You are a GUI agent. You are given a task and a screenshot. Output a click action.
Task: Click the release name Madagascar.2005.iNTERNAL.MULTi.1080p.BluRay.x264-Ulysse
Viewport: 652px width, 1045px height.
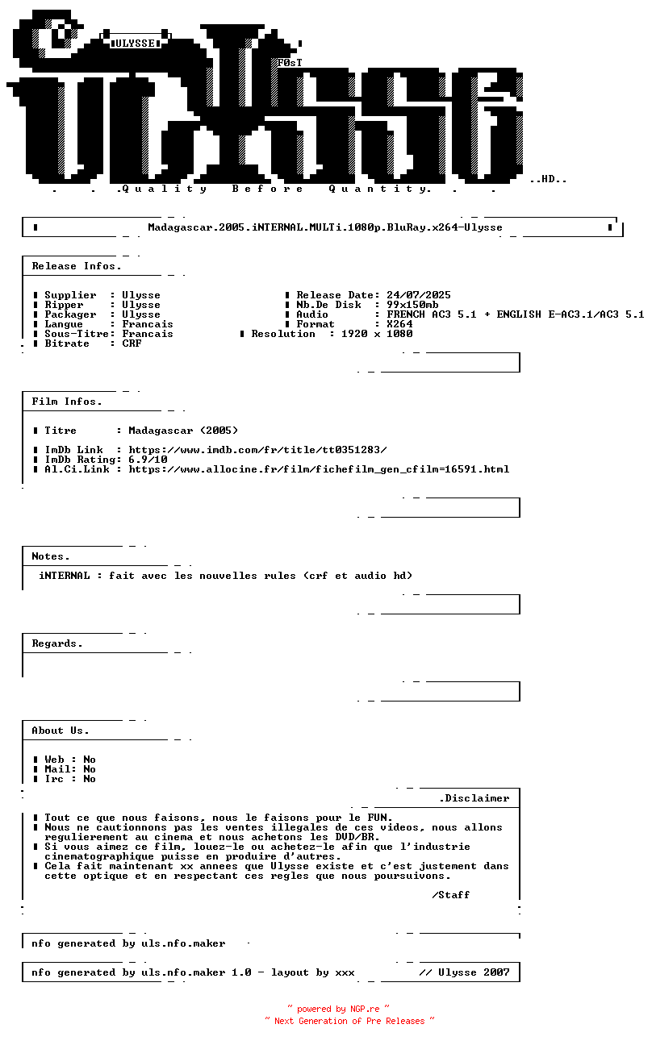pyautogui.click(x=325, y=227)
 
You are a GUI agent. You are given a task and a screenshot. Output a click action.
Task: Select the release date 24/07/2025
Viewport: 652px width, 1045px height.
pyautogui.click(x=419, y=295)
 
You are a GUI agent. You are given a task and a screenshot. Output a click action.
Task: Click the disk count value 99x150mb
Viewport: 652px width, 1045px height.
pyautogui.click(x=412, y=305)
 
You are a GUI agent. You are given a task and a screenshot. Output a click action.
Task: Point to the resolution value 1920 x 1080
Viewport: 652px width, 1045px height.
pyautogui.click(x=377, y=334)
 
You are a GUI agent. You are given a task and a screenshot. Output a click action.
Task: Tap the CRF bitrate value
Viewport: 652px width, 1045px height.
pyautogui.click(x=132, y=343)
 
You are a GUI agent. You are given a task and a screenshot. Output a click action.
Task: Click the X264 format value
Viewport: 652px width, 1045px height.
pyautogui.click(x=399, y=324)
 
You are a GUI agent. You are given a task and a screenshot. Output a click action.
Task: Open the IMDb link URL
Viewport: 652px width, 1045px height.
pyautogui.click(x=257, y=450)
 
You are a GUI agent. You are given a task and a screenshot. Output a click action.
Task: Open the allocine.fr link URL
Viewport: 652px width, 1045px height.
pyautogui.click(x=319, y=469)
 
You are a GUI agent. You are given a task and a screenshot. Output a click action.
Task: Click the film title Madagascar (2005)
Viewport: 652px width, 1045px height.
pyautogui.click(x=183, y=431)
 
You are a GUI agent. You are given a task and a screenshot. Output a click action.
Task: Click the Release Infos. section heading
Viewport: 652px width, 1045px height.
pyautogui.click(x=77, y=266)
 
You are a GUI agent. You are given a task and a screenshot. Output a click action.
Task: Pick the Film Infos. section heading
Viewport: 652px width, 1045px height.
pyautogui.click(x=67, y=402)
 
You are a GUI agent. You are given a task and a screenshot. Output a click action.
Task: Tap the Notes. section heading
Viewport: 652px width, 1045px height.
pyautogui.click(x=51, y=556)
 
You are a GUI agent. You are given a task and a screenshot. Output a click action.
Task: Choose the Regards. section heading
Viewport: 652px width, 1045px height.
pyautogui.click(x=57, y=643)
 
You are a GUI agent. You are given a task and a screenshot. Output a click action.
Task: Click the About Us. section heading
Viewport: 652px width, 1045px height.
pyautogui.click(x=61, y=731)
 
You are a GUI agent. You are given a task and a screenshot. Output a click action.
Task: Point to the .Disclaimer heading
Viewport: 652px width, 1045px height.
pyautogui.click(x=474, y=798)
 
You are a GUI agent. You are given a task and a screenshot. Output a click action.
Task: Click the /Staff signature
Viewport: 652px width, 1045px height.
pyautogui.click(x=451, y=895)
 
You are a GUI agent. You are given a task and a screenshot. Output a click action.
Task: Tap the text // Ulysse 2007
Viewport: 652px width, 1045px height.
pyautogui.click(x=464, y=972)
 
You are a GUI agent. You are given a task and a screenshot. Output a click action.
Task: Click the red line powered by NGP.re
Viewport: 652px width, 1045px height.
pyautogui.click(x=339, y=1009)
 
